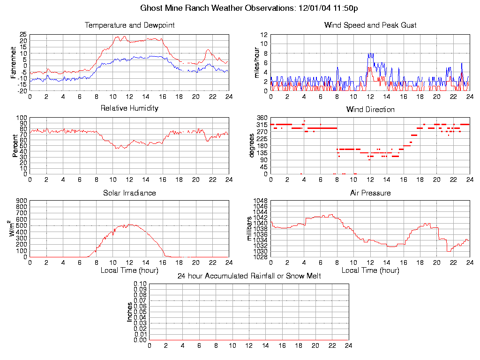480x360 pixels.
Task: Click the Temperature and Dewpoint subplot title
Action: pyautogui.click(x=129, y=25)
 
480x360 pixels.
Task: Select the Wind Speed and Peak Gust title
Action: pyautogui.click(x=370, y=25)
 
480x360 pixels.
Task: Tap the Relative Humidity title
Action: pyautogui.click(x=129, y=108)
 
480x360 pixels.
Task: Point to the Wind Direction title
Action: pyautogui.click(x=370, y=109)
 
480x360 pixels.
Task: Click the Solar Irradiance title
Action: pyautogui.click(x=129, y=193)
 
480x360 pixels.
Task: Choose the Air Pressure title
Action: pyautogui.click(x=370, y=193)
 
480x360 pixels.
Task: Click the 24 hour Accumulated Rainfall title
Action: pyautogui.click(x=249, y=276)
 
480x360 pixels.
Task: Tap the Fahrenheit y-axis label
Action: pyautogui.click(x=15, y=62)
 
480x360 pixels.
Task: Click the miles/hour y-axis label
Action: pyautogui.click(x=257, y=62)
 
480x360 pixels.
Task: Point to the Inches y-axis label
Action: pyautogui.click(x=130, y=312)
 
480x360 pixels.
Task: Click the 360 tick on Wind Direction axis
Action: pyautogui.click(x=262, y=118)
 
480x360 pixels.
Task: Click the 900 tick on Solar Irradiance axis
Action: pyautogui.click(x=21, y=201)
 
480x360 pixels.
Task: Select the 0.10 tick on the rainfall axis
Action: pyautogui.click(x=140, y=284)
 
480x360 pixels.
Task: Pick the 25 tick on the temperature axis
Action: pyautogui.click(x=23, y=35)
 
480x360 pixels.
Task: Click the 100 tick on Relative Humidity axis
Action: pyautogui.click(x=21, y=118)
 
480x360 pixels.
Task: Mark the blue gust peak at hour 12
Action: pyautogui.click(x=370, y=53)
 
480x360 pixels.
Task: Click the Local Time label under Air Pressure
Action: pyautogui.click(x=370, y=270)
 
